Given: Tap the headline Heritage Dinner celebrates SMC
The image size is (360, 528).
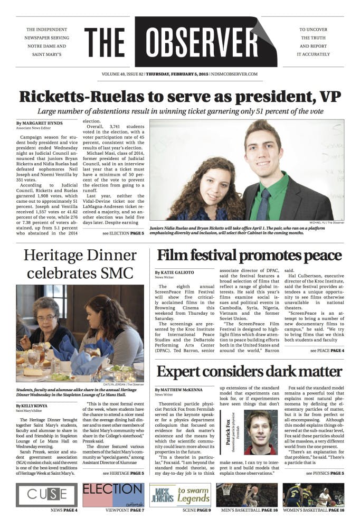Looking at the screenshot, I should pyautogui.click(x=80, y=265).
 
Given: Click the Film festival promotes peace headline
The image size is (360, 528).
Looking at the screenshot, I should pyautogui.click(x=249, y=256).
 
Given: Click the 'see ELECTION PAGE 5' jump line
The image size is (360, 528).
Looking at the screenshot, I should pyautogui.click(x=123, y=233).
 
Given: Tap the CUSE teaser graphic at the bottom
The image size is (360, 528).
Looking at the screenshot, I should pyautogui.click(x=47, y=495).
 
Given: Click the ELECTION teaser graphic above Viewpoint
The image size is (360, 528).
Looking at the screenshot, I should pyautogui.click(x=112, y=495).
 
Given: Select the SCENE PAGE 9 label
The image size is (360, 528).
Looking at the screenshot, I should pyautogui.click(x=180, y=511).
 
